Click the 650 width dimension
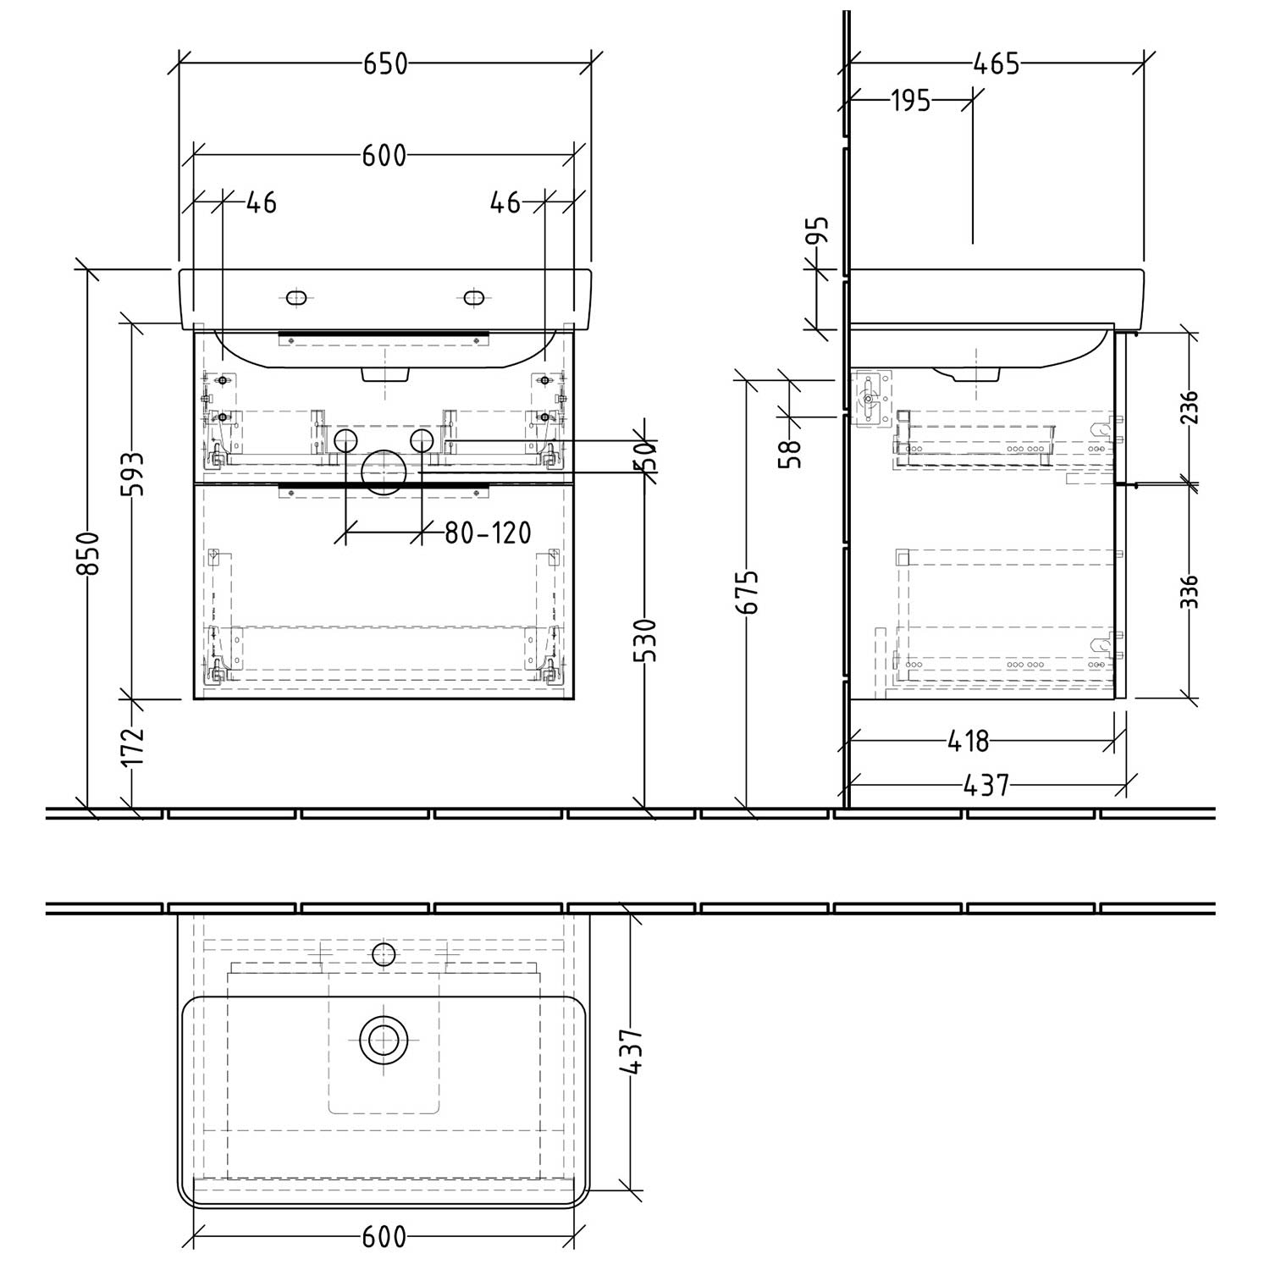coord(385,63)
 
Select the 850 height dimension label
coord(88,553)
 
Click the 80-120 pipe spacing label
coord(489,533)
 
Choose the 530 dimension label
coord(645,639)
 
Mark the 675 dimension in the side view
coord(748,592)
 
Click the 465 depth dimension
coord(996,63)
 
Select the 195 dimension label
coord(911,101)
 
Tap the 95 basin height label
coord(817,230)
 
